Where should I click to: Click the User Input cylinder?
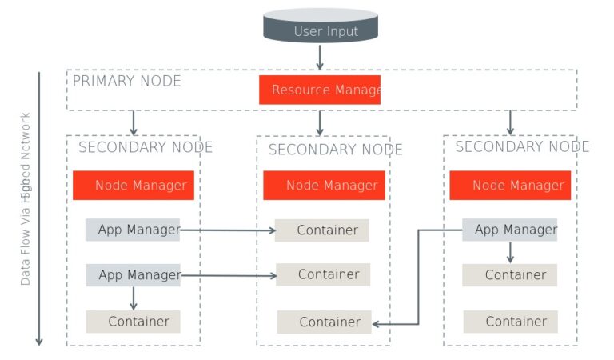click(x=320, y=26)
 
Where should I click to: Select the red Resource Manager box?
click(x=320, y=90)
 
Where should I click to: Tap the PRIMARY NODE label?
click(x=127, y=81)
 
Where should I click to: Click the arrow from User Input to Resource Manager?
click(x=320, y=58)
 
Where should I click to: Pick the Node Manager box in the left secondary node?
click(x=134, y=185)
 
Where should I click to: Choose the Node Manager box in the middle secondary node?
click(x=324, y=185)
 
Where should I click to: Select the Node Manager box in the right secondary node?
click(x=510, y=185)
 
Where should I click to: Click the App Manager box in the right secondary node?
click(x=509, y=230)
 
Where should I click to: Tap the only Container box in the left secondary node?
click(x=134, y=322)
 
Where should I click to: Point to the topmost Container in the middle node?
click(x=322, y=230)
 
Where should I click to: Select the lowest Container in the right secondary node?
click(x=510, y=322)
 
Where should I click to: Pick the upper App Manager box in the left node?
click(x=133, y=230)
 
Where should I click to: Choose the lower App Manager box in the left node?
click(x=134, y=275)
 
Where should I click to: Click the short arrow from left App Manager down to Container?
click(x=134, y=298)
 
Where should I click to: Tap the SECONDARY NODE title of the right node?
click(x=522, y=146)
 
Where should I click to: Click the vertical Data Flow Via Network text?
click(x=26, y=200)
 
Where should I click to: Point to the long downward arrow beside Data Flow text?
click(x=38, y=208)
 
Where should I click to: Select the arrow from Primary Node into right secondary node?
click(x=510, y=122)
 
